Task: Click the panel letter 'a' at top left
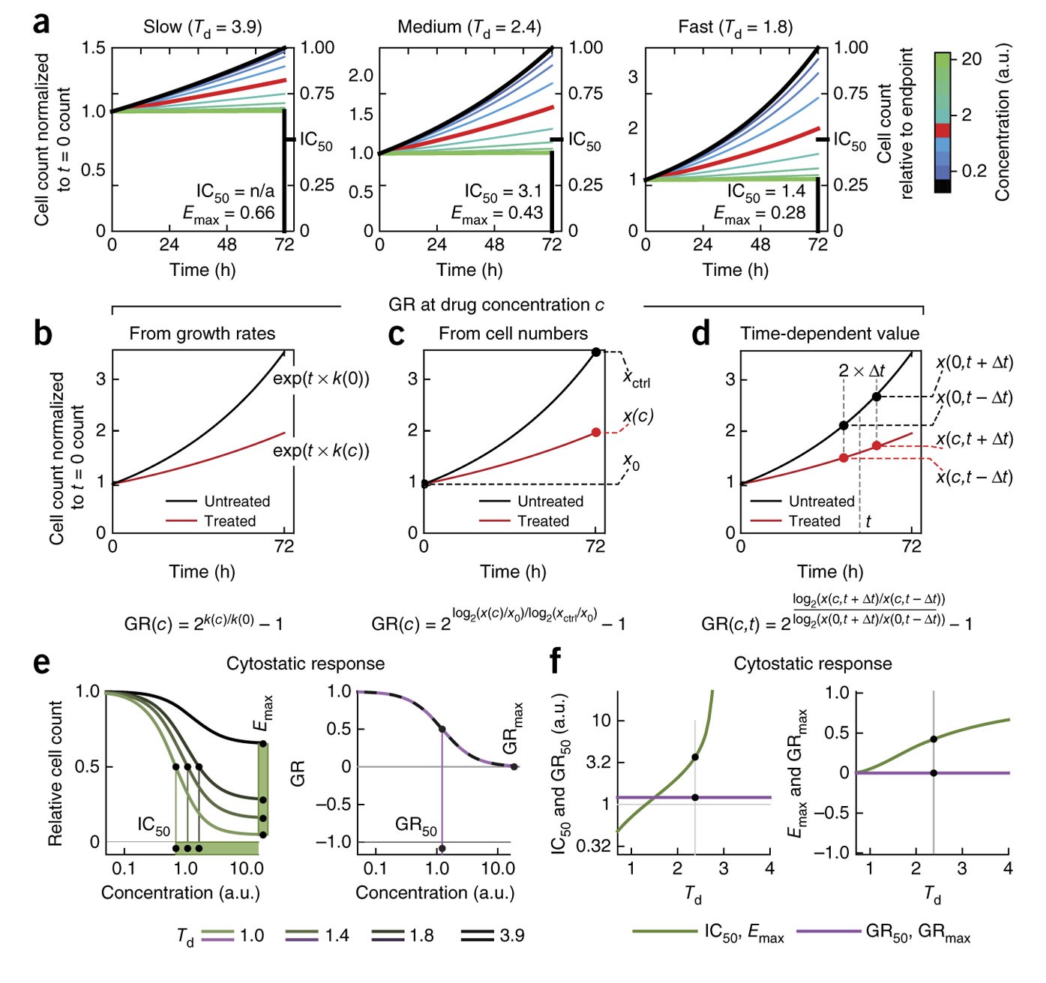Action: (x=42, y=22)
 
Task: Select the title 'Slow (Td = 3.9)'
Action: (x=202, y=28)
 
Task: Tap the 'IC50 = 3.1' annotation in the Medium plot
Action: (x=502, y=192)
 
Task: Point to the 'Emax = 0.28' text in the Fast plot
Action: (x=759, y=214)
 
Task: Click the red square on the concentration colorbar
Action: (x=943, y=130)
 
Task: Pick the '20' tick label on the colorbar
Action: (x=972, y=59)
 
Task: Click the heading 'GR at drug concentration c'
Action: (x=496, y=305)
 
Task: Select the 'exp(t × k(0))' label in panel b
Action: (x=321, y=379)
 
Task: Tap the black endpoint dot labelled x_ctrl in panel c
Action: (x=596, y=352)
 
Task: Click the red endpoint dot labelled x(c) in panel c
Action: (x=596, y=433)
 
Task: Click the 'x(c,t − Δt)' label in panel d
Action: (x=974, y=477)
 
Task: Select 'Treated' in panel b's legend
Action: (x=229, y=521)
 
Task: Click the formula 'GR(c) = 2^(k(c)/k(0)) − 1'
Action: (x=203, y=623)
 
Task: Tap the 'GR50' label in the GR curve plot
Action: (x=416, y=826)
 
